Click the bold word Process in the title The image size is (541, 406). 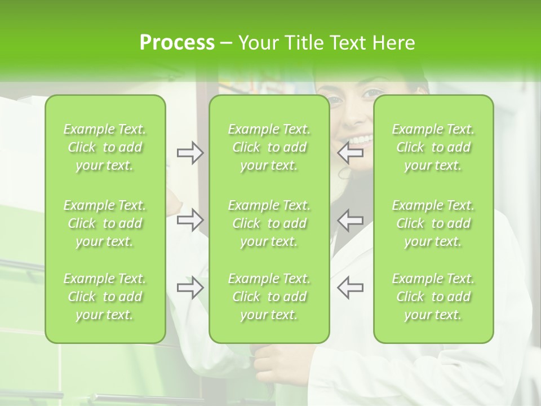[177, 43]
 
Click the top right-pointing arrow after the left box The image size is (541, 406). [190, 152]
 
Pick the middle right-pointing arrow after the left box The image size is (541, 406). [190, 220]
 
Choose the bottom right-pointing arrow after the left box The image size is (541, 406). [190, 288]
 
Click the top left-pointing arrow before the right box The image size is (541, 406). [351, 152]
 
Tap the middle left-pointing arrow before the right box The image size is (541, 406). [351, 220]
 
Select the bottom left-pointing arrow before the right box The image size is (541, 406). [351, 288]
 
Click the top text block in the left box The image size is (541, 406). [105, 147]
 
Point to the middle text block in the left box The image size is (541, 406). [105, 223]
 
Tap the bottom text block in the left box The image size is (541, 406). [105, 297]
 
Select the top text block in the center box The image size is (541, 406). [269, 147]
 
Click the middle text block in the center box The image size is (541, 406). [269, 223]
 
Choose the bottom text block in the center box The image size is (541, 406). [269, 297]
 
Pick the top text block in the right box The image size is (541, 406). [433, 147]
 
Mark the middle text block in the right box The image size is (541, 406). [433, 223]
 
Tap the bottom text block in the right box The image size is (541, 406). [433, 297]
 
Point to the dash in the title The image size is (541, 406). [226, 43]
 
